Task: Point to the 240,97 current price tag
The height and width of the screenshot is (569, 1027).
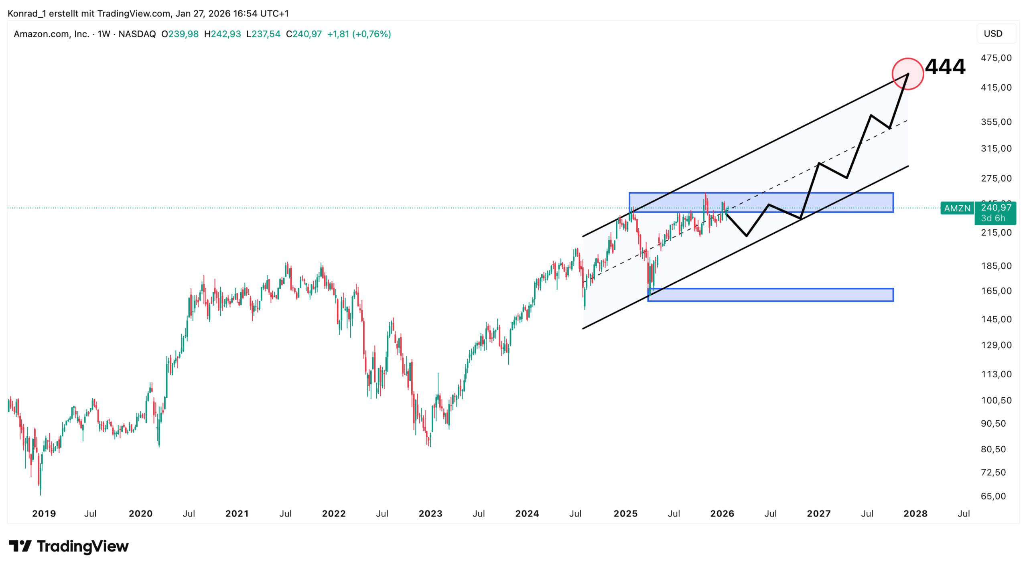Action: (x=995, y=208)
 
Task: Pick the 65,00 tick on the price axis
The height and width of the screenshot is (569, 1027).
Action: (x=993, y=496)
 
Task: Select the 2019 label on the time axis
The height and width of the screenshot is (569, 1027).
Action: (x=44, y=514)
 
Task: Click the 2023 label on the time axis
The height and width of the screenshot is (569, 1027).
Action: (x=430, y=514)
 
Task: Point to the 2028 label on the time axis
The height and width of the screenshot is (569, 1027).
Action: (x=915, y=514)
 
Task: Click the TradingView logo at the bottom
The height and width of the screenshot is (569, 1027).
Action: (x=69, y=546)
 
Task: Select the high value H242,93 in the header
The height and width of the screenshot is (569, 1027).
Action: (x=222, y=34)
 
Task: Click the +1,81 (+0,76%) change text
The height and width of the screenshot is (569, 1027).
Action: (x=359, y=34)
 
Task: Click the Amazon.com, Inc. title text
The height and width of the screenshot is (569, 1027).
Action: (x=51, y=34)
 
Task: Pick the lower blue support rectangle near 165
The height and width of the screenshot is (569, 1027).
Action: (x=770, y=295)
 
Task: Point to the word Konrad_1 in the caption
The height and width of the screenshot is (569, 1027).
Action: (x=26, y=14)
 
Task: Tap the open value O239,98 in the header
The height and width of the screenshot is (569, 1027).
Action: (x=180, y=34)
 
